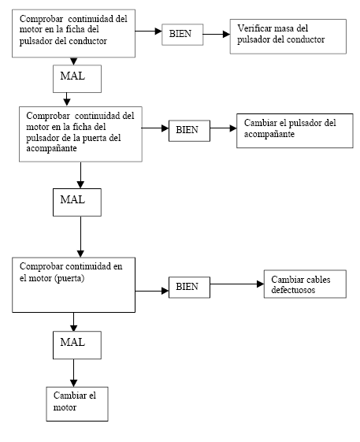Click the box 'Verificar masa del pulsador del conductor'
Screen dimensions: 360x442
[x=288, y=36]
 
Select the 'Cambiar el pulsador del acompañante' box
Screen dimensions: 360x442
[x=295, y=131]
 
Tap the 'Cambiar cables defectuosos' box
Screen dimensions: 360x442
[x=305, y=284]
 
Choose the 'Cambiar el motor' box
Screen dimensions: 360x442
[x=77, y=404]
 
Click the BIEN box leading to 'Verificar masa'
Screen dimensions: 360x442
[x=183, y=35]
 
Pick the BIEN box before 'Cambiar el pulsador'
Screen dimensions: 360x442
[x=189, y=131]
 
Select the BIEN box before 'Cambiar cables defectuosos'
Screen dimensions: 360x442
[x=189, y=288]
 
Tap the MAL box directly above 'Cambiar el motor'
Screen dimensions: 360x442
[x=77, y=345]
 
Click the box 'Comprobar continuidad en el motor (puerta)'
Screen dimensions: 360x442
[x=73, y=284]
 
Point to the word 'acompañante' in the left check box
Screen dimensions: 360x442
[x=51, y=148]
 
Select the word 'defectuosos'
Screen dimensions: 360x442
[x=293, y=290]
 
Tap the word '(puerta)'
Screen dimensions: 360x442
[x=69, y=278]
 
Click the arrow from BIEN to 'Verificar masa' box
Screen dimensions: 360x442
[x=217, y=34]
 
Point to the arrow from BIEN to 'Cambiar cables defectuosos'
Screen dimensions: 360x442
[x=237, y=284]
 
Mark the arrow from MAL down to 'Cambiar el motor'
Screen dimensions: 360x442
[x=73, y=373]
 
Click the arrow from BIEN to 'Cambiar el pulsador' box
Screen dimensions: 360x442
[x=223, y=128]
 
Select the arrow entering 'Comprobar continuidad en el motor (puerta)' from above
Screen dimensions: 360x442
[x=80, y=237]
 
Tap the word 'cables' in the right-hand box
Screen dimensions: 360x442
[x=318, y=280]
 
